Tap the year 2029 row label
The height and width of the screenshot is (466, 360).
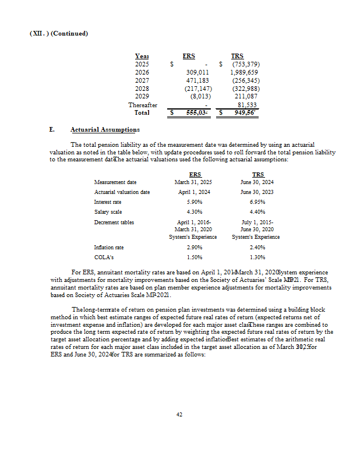[142, 96]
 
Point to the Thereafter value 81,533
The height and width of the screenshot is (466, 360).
[247, 105]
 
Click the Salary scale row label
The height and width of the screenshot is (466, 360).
[107, 212]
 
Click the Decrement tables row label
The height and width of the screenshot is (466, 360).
[113, 223]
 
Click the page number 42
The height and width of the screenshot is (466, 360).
[179, 414]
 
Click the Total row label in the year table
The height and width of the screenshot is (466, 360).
[142, 112]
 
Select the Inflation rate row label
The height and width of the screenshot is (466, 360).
[109, 248]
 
